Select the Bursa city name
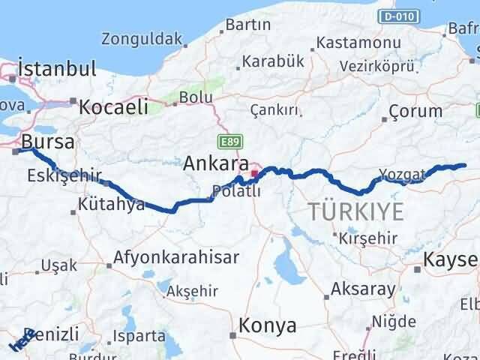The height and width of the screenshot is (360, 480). coord(48,141)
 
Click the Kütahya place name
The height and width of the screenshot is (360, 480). coord(110,204)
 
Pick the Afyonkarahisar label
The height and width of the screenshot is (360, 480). coord(176,257)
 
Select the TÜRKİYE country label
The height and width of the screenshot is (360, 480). coord(355,211)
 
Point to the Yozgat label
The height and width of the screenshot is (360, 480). coord(402,175)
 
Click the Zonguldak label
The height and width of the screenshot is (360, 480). coord(142,38)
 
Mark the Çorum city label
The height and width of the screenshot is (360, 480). coord(415,112)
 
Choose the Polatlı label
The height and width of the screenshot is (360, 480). coord(235,191)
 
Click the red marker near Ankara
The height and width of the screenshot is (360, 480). coord(254,174)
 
